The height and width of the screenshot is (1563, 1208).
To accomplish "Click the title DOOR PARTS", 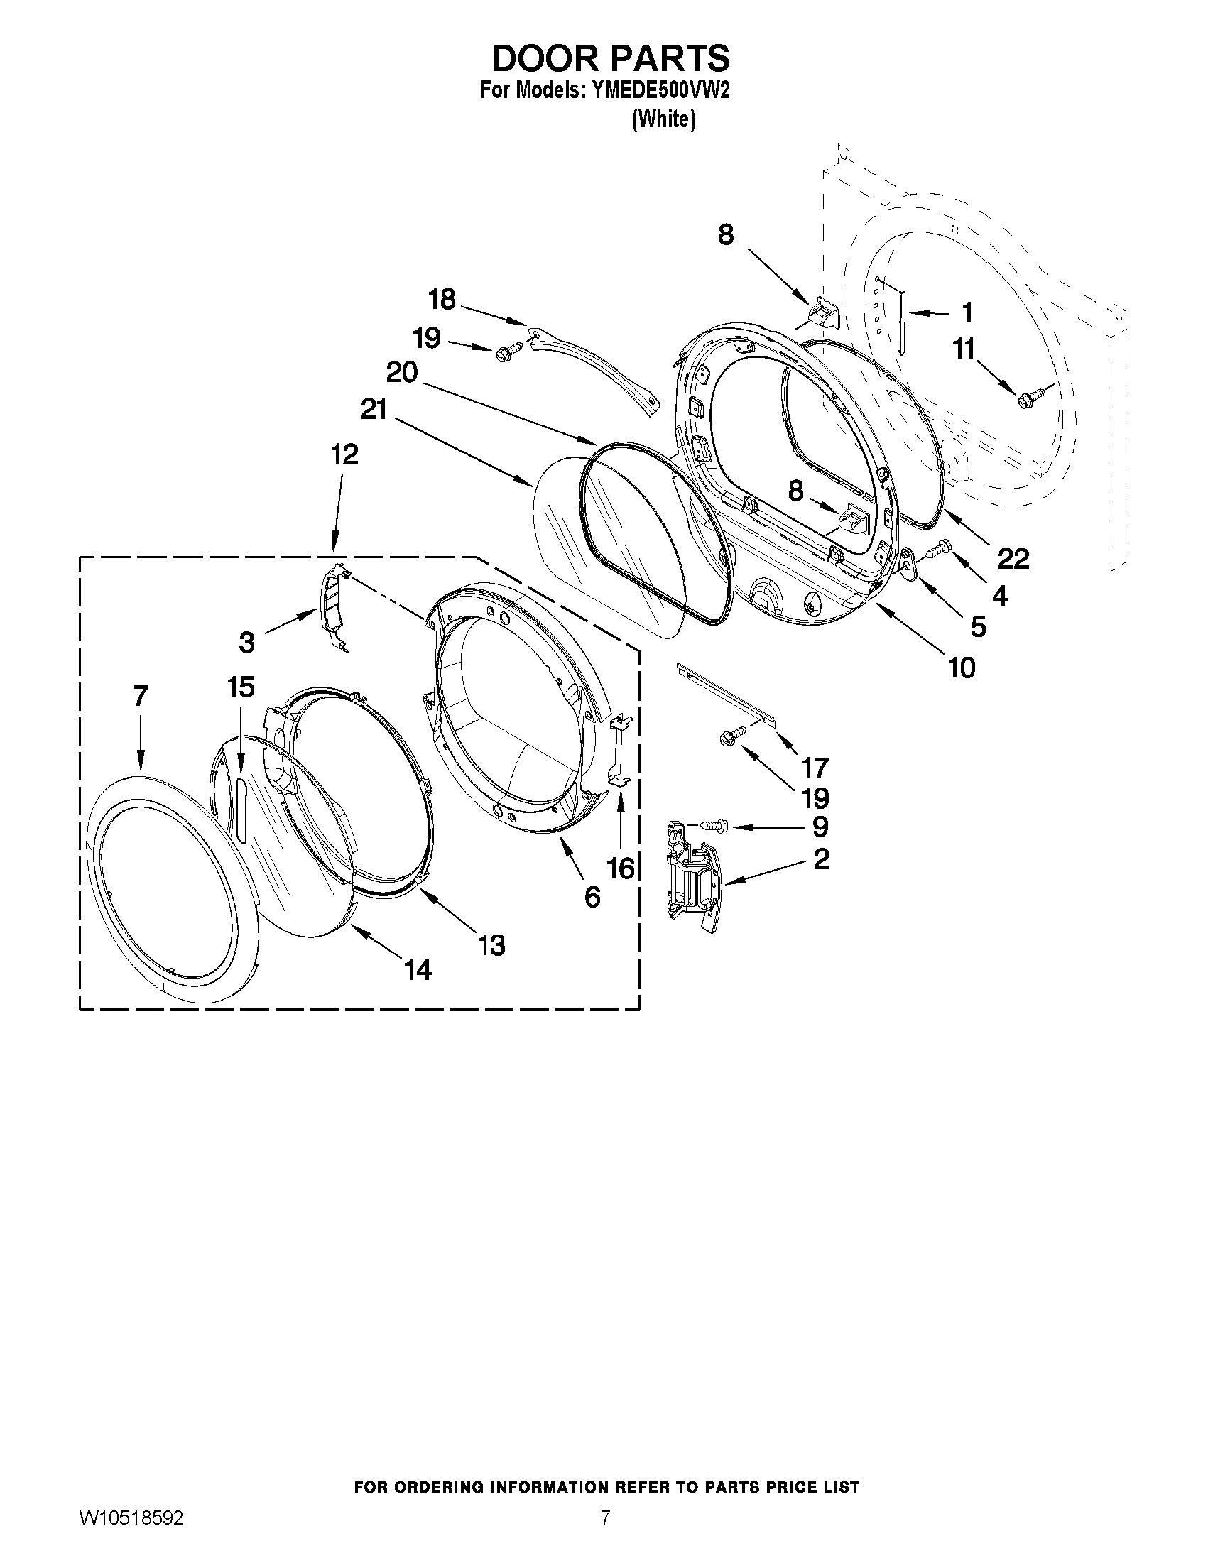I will [x=611, y=59].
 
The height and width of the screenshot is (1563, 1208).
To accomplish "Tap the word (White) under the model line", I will [x=663, y=119].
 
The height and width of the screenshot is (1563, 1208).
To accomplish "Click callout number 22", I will [x=1013, y=557].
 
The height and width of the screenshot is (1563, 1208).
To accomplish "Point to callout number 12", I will [x=344, y=454].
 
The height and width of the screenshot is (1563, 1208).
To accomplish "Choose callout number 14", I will [x=418, y=970].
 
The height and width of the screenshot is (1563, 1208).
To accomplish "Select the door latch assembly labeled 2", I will [x=692, y=879].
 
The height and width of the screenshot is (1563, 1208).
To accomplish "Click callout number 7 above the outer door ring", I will [x=141, y=695].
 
